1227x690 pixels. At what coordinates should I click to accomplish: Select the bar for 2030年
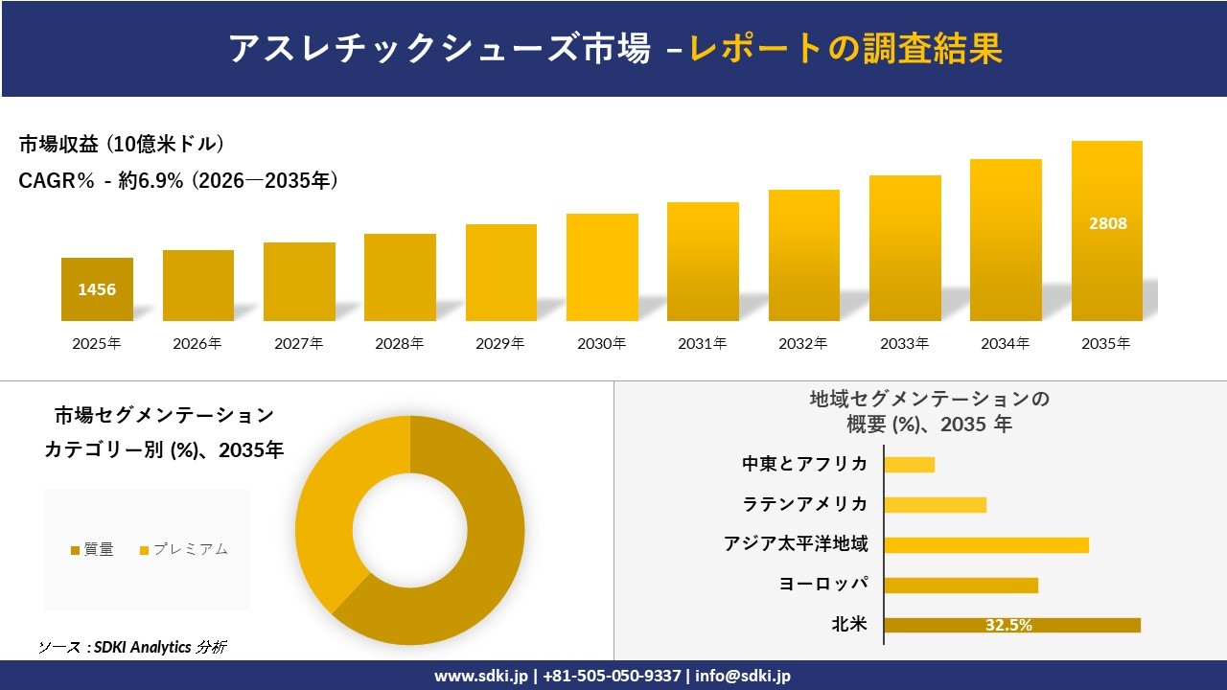click(x=602, y=267)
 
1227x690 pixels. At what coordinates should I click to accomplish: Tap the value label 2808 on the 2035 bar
click(x=1107, y=223)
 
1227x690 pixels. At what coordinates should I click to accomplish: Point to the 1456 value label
click(x=97, y=288)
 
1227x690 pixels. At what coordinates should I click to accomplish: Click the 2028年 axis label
click(x=400, y=343)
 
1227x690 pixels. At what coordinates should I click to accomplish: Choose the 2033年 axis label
click(x=905, y=343)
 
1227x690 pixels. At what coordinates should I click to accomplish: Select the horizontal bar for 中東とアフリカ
click(x=909, y=465)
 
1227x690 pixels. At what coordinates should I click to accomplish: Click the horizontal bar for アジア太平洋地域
click(x=985, y=545)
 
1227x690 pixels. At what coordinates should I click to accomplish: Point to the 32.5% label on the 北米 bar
click(x=1008, y=625)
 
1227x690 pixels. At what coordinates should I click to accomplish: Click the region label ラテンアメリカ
click(x=805, y=504)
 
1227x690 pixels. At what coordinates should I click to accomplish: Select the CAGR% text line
click(x=178, y=181)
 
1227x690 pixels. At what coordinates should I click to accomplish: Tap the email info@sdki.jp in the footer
click(x=743, y=676)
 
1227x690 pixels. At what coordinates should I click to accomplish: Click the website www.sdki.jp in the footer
click(x=480, y=676)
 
